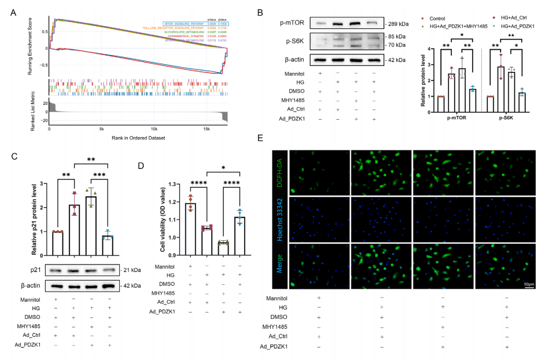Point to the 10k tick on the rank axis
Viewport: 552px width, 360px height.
(x=154, y=129)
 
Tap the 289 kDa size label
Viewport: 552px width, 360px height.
(x=399, y=24)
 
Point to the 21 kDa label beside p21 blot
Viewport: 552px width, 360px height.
(x=133, y=270)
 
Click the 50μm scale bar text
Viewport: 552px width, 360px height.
(x=529, y=285)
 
